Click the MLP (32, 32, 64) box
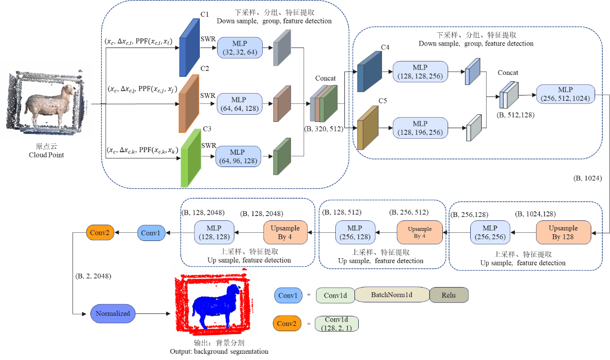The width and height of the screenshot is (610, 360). [240, 48]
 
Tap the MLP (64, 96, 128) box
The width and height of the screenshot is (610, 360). [238, 156]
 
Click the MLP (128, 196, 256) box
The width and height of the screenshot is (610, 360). [420, 128]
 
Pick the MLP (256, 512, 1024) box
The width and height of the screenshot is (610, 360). [565, 95]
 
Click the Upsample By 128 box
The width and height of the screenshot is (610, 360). [563, 232]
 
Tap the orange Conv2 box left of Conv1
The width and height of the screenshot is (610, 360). [100, 233]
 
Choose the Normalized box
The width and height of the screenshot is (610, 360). [113, 313]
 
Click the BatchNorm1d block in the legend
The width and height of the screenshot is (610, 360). [391, 295]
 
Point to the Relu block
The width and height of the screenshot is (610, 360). [449, 295]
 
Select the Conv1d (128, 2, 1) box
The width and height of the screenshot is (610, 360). [336, 324]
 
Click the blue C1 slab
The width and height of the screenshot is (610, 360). [189, 48]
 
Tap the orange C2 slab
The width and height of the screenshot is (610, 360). [189, 103]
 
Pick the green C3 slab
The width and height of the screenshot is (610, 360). [190, 158]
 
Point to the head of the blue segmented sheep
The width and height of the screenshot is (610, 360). [234, 290]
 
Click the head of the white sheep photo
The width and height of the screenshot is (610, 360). [71, 91]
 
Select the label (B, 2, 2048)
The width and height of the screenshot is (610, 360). [93, 276]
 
